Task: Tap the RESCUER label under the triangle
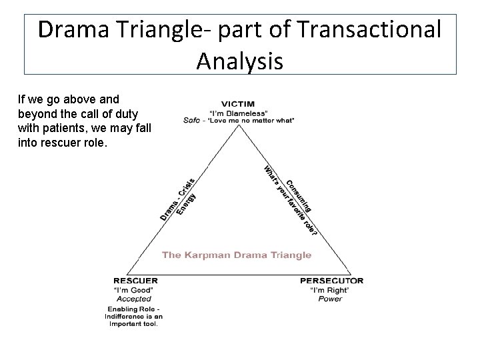pyautogui.click(x=135, y=281)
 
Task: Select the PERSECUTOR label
pyautogui.click(x=331, y=281)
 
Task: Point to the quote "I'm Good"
pyautogui.click(x=135, y=290)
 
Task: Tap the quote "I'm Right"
pyautogui.click(x=329, y=290)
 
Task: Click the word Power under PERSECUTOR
pyautogui.click(x=330, y=299)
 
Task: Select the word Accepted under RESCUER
pyautogui.click(x=135, y=299)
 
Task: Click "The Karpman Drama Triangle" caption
pyautogui.click(x=237, y=255)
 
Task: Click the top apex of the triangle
pyautogui.click(x=239, y=126)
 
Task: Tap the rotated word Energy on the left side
pyautogui.click(x=185, y=200)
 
